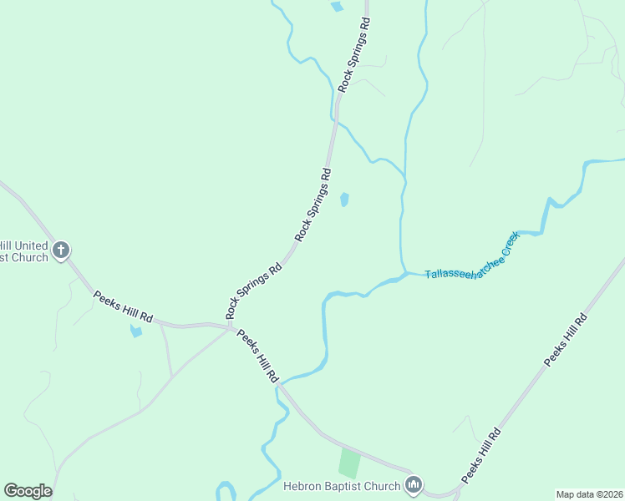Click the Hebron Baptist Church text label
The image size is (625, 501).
(343, 485)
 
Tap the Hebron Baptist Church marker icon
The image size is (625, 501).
(414, 484)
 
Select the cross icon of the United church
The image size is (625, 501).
(60, 250)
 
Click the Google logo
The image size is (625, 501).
(28, 491)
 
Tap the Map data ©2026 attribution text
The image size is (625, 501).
(589, 494)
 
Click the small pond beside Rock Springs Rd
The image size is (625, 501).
(344, 200)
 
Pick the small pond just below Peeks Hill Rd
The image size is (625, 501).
(135, 331)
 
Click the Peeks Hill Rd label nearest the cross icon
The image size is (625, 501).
(124, 306)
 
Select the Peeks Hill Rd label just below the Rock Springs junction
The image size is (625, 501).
(257, 356)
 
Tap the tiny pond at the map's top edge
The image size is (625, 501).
(337, 7)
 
